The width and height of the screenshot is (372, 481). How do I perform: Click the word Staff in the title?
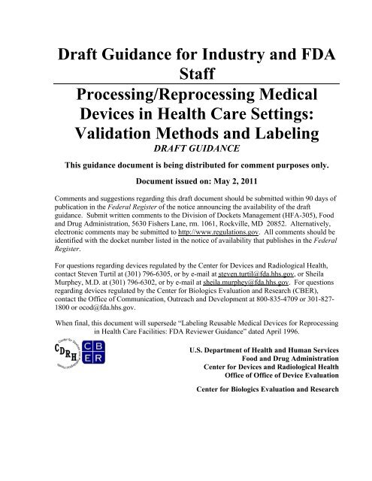[x=186, y=69]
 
